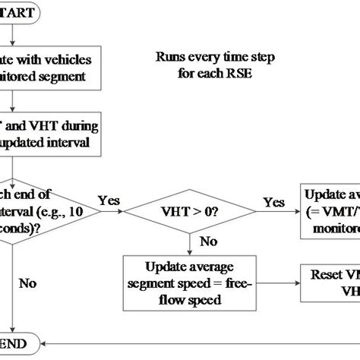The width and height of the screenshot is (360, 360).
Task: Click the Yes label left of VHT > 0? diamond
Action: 109,201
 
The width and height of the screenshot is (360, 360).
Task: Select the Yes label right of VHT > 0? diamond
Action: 274,202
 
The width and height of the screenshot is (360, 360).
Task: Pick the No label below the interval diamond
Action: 28,283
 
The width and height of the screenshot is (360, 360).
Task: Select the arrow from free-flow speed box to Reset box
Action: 274,281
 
